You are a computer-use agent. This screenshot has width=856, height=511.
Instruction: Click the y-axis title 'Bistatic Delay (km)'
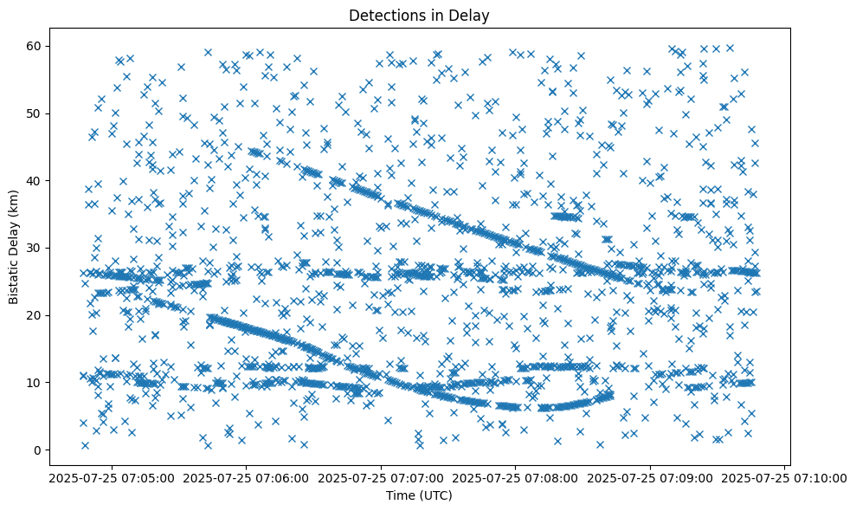point(15,244)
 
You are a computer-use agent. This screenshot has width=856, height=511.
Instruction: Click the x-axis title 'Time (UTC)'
point(419,495)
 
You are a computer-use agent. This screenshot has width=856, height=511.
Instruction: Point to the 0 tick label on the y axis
point(38,450)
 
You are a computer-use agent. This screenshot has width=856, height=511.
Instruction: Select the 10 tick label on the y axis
point(35,382)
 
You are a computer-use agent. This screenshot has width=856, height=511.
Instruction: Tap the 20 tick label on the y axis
point(35,314)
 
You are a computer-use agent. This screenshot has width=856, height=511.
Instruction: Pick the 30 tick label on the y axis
point(35,248)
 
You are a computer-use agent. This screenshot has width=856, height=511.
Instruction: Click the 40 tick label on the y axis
point(35,180)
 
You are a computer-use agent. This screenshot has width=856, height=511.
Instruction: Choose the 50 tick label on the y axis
point(35,113)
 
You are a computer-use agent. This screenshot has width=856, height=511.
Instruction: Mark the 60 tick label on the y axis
point(35,46)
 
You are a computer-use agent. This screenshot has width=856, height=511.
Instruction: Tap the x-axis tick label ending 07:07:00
point(381,477)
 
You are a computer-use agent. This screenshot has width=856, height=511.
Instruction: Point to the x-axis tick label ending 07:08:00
point(515,477)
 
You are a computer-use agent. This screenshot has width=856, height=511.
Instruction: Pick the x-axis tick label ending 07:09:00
point(650,477)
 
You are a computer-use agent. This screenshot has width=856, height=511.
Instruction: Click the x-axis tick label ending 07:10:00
point(785,477)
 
